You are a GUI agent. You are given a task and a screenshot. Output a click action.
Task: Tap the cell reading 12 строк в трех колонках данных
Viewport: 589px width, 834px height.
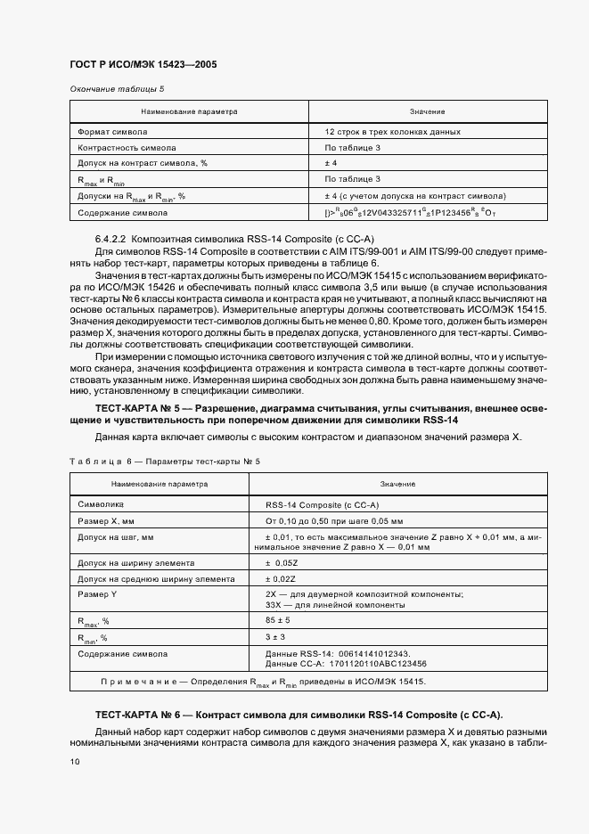(392, 131)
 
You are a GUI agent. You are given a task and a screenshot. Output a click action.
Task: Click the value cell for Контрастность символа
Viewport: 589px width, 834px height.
(352, 147)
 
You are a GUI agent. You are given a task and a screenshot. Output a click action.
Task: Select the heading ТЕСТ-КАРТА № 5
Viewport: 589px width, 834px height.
(137, 408)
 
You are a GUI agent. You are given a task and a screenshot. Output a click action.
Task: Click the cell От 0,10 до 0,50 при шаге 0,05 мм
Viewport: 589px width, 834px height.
(334, 520)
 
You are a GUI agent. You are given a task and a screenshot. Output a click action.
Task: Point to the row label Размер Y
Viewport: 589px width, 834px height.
(97, 593)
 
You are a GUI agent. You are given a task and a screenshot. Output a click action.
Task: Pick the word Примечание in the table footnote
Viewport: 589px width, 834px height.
(143, 682)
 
